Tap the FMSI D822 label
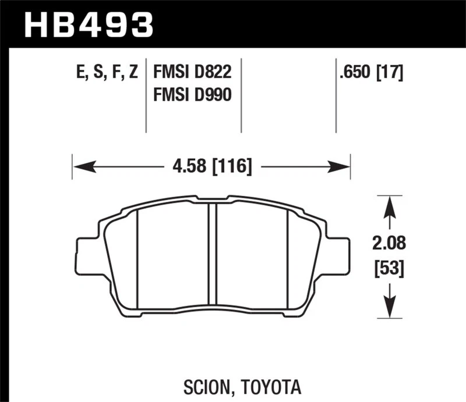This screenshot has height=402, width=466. tap(192, 73)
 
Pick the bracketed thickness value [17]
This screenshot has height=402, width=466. tap(390, 73)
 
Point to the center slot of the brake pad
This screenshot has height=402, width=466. tap(212, 259)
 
